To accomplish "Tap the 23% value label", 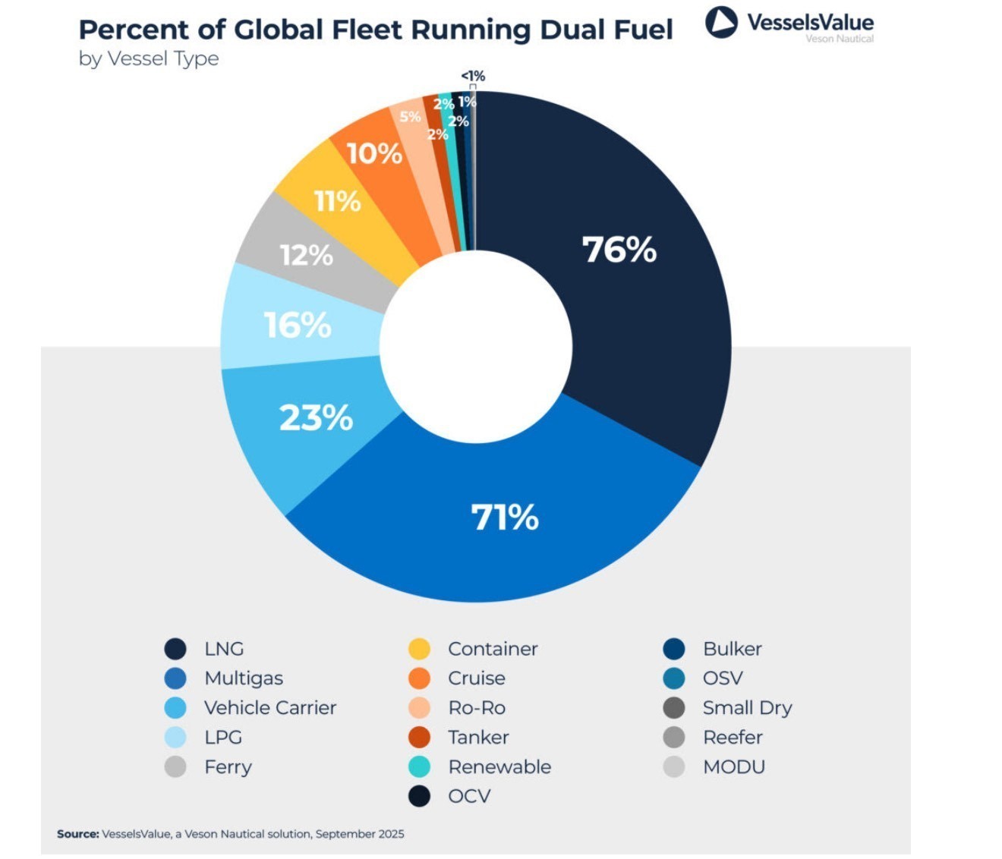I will pos(316,418).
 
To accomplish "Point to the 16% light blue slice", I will pos(298,326).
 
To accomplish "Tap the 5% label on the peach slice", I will pos(410,117).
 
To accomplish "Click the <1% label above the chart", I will pos(473,76).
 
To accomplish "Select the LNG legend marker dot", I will pos(175,650).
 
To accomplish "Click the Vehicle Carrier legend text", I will pos(269,708).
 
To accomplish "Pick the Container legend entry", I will pos(493,650).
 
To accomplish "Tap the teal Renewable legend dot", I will pos(419,767).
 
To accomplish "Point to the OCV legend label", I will pos(469,797).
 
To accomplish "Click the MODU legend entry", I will pos(733,767).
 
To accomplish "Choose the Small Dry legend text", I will pos(747,708).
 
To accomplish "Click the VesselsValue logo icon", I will pos(720,23).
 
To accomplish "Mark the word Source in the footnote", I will pos(77,834).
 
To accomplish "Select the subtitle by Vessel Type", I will pos(149,59).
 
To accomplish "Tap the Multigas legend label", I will pos(243,678).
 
